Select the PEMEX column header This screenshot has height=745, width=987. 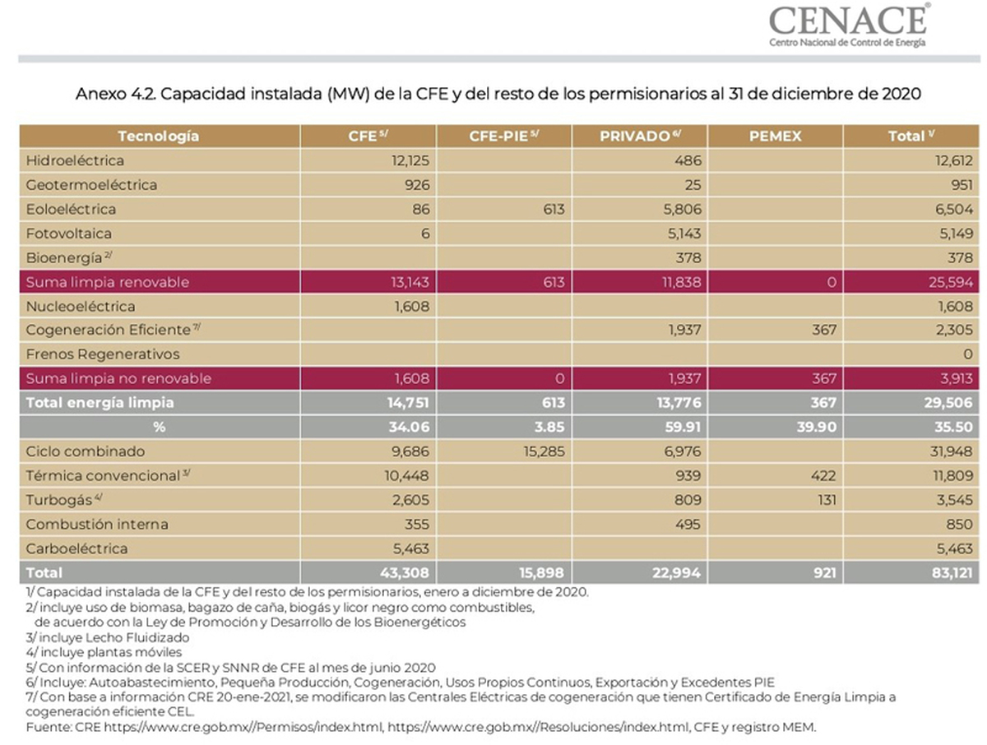[x=775, y=137]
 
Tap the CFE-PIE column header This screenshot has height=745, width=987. [x=503, y=136]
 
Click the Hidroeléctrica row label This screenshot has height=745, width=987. [x=75, y=160]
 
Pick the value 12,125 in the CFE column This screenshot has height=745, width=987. [x=410, y=160]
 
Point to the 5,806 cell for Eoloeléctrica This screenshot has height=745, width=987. [x=682, y=209]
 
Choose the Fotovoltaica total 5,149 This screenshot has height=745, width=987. [x=954, y=234]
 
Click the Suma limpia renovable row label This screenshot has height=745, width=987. [x=108, y=282]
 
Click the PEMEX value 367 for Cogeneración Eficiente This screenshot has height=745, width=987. [x=824, y=330]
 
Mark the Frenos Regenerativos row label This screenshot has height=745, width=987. [x=103, y=354]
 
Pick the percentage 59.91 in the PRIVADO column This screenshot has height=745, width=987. [x=683, y=427]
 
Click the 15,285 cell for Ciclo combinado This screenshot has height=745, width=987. [x=544, y=451]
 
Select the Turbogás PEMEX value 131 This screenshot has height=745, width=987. [x=827, y=500]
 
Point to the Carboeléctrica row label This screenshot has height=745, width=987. [x=76, y=548]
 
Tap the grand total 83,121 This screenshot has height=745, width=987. [x=952, y=573]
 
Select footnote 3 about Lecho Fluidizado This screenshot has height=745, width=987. [x=108, y=637]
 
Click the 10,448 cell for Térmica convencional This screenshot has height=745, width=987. [x=406, y=475]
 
